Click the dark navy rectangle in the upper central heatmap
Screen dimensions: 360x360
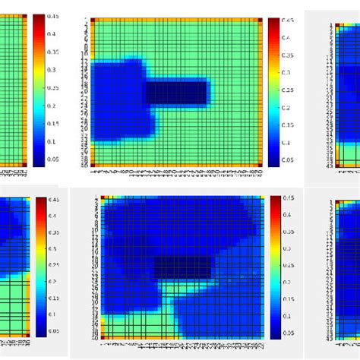(176, 93)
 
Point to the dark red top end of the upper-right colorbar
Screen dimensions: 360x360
(273, 21)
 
